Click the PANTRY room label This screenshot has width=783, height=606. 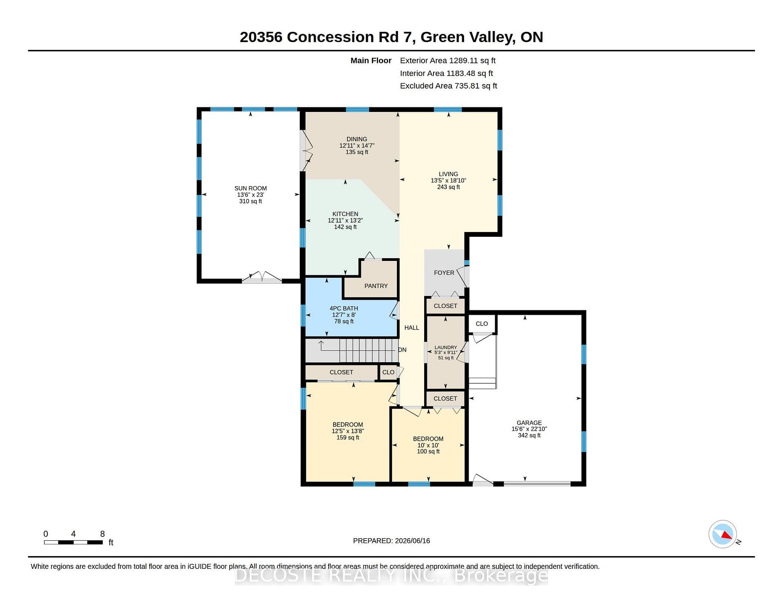point(376,286)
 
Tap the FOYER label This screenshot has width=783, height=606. point(444,273)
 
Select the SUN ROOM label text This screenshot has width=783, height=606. point(250,188)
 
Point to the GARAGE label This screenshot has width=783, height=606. point(529,423)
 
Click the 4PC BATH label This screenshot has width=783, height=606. point(344,308)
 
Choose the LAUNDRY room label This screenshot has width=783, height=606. point(446,348)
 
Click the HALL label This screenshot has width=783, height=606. point(412,328)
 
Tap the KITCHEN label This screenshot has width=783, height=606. point(345,214)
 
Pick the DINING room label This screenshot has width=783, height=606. point(357,139)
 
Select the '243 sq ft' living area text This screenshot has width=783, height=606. point(449,187)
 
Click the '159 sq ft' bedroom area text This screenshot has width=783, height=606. point(348,437)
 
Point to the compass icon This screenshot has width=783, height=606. point(723,534)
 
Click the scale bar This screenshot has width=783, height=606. point(73,542)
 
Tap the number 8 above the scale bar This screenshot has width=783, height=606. point(102,534)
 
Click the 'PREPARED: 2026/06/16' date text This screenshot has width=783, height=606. point(391,541)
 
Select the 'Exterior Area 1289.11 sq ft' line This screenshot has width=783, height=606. point(448,60)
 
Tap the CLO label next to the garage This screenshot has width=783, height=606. point(482,323)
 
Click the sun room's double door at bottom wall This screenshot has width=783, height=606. point(262,277)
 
